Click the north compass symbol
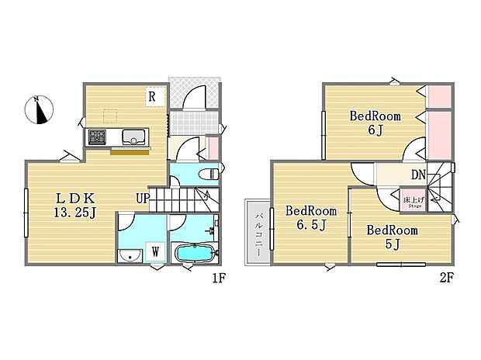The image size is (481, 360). [39, 110]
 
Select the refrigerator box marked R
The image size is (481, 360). [154, 97]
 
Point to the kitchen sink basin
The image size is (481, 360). [133, 138]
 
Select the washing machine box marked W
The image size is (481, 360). [155, 252]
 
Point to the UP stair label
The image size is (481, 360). [142, 199]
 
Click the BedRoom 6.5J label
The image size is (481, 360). [311, 217]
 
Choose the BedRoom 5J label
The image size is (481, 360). [392, 237]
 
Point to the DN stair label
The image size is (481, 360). [417, 175]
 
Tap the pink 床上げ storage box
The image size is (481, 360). [411, 203]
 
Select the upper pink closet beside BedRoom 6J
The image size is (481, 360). [438, 96]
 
